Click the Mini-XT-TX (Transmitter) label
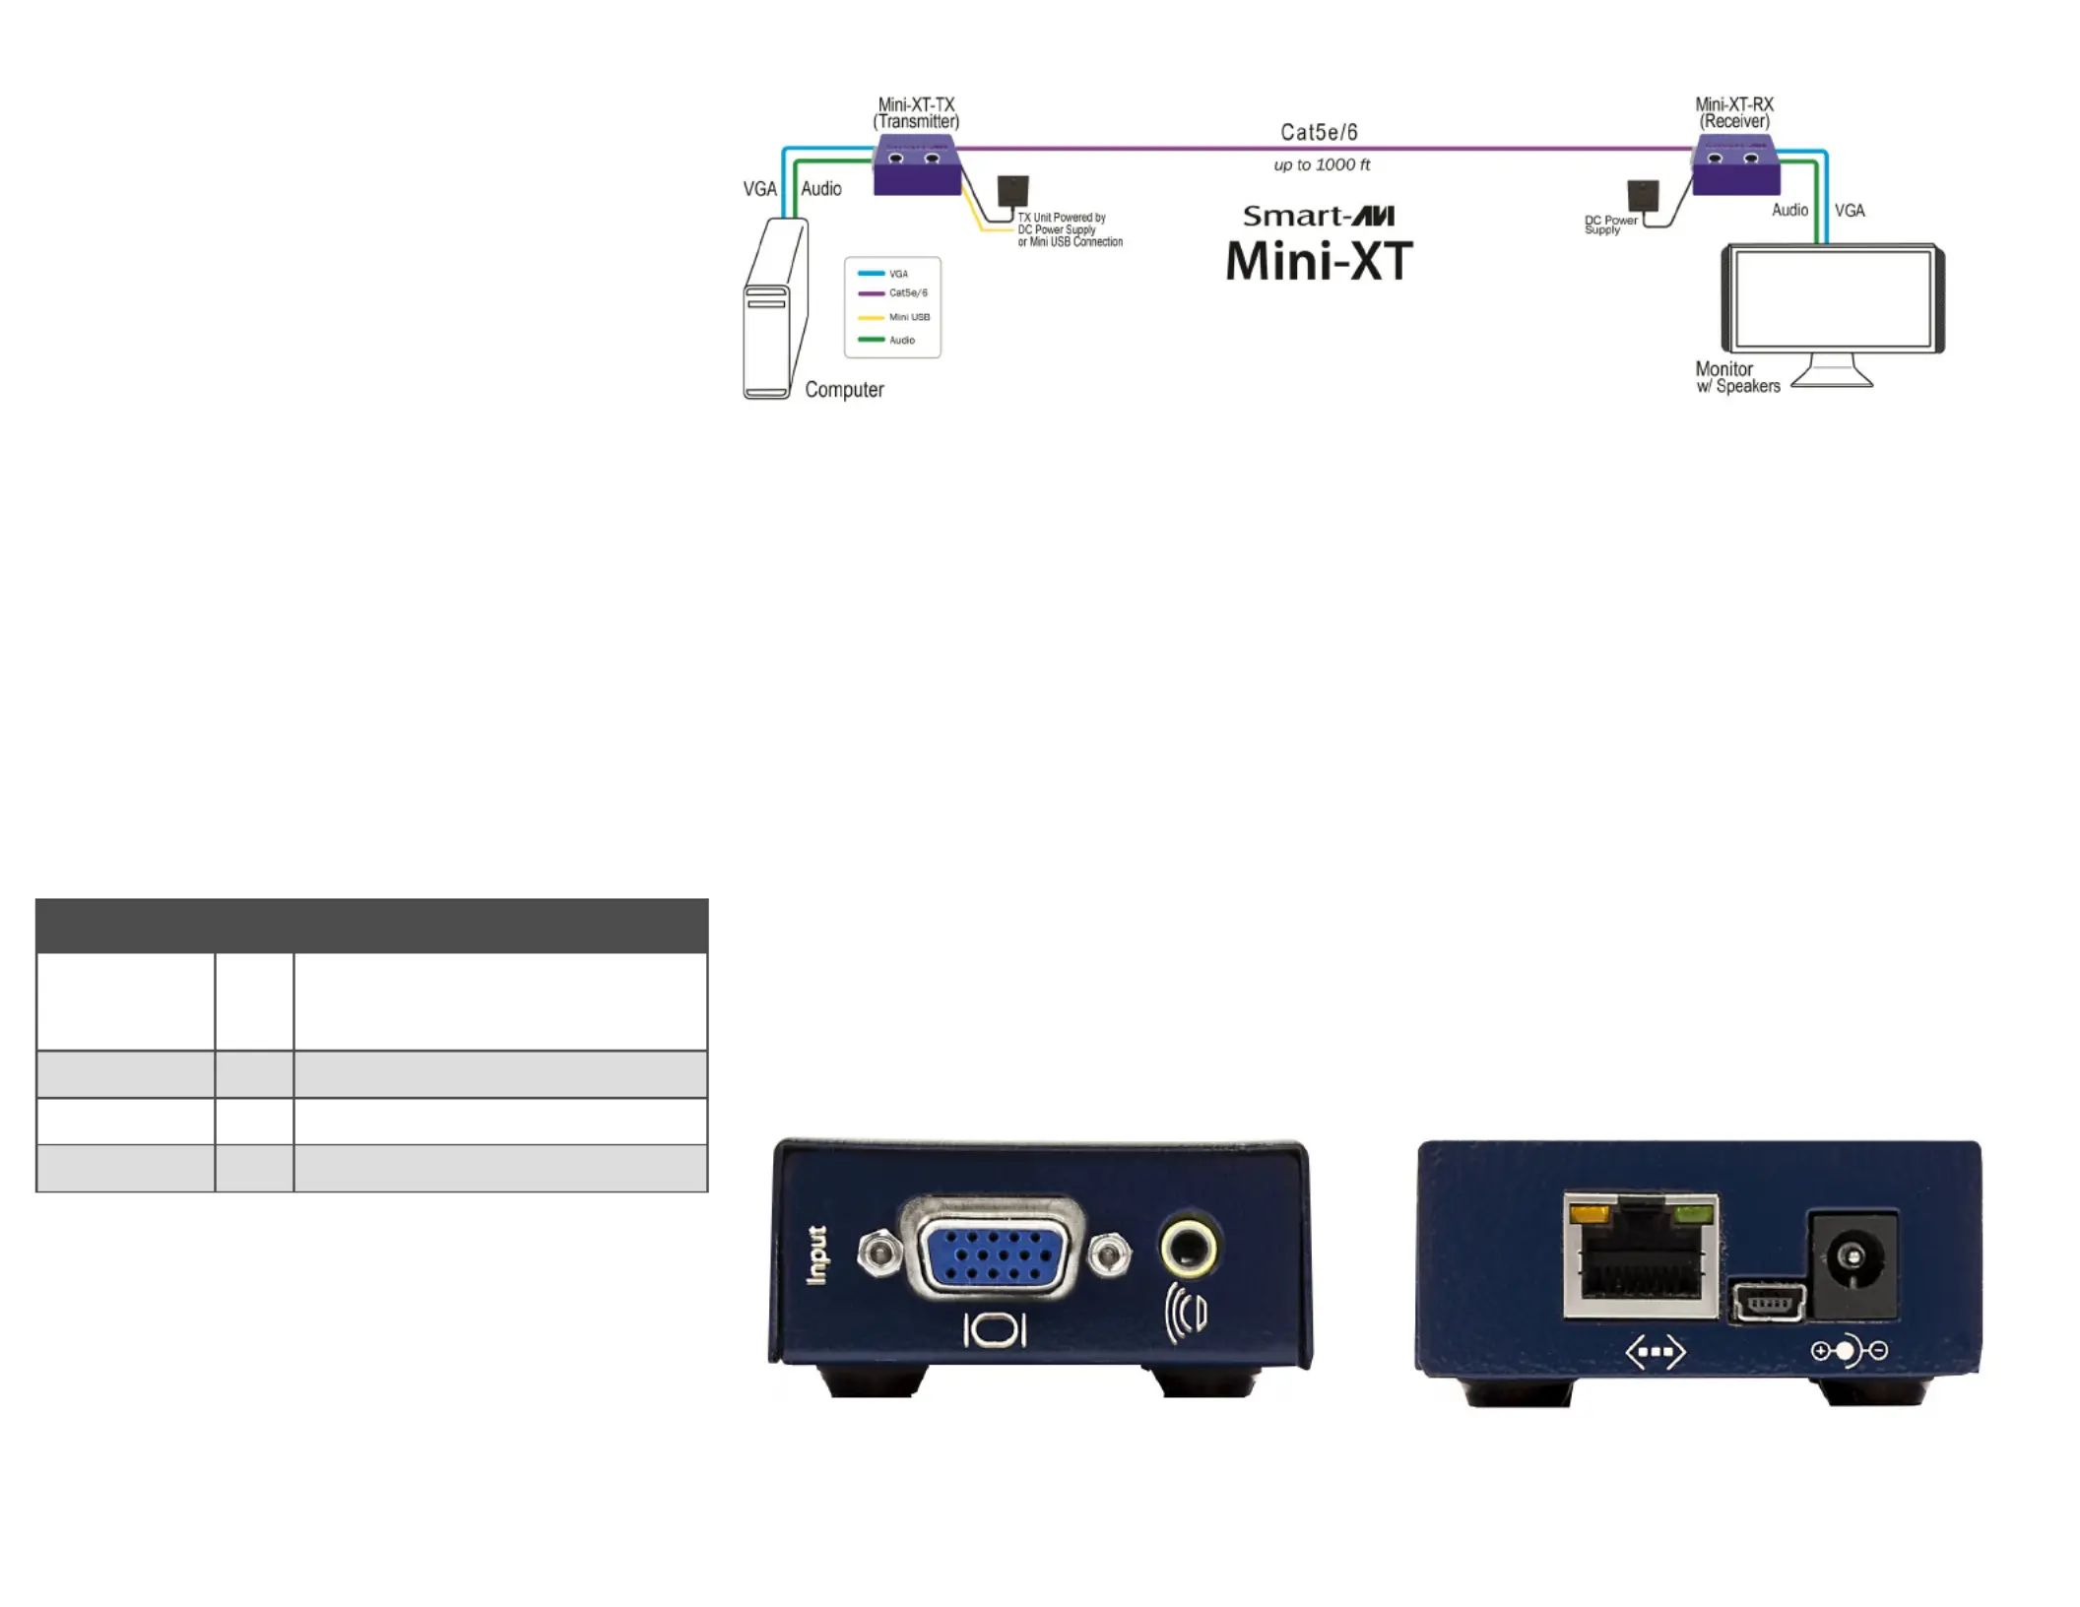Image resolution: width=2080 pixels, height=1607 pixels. click(916, 113)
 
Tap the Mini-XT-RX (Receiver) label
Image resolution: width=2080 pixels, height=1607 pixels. click(1734, 113)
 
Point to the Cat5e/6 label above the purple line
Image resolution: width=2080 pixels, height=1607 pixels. click(1319, 132)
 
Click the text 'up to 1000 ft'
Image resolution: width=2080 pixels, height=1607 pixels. click(1322, 164)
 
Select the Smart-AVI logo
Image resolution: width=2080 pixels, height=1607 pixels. click(1319, 216)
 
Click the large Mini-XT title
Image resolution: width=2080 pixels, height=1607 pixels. click(1319, 262)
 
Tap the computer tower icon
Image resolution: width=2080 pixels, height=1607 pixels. click(776, 308)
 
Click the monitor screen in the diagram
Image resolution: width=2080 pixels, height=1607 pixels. click(1833, 298)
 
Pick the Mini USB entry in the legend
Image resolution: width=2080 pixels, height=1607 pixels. click(894, 317)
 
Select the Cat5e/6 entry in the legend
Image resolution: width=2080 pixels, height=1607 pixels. click(893, 293)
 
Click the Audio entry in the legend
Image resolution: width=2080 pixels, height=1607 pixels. click(886, 340)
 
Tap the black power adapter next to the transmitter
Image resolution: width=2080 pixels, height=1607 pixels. click(1012, 191)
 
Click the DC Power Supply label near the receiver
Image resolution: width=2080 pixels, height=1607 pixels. click(1610, 225)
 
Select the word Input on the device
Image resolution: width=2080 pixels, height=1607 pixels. click(816, 1254)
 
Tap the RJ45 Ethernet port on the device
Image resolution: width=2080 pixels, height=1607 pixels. click(1640, 1255)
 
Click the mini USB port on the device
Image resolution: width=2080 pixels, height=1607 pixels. click(1768, 1303)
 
